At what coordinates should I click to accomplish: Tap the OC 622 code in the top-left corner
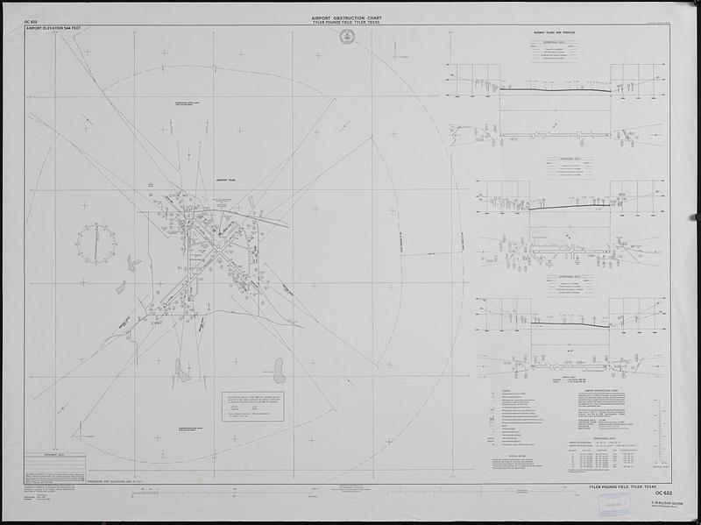coord(32,19)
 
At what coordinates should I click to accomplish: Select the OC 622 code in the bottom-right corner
coord(662,493)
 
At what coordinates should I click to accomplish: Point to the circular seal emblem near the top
coord(347,37)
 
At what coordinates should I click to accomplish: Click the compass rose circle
coord(96,243)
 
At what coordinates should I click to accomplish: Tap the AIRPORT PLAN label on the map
coord(227,180)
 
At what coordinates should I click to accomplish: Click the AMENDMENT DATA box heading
coord(44,454)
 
